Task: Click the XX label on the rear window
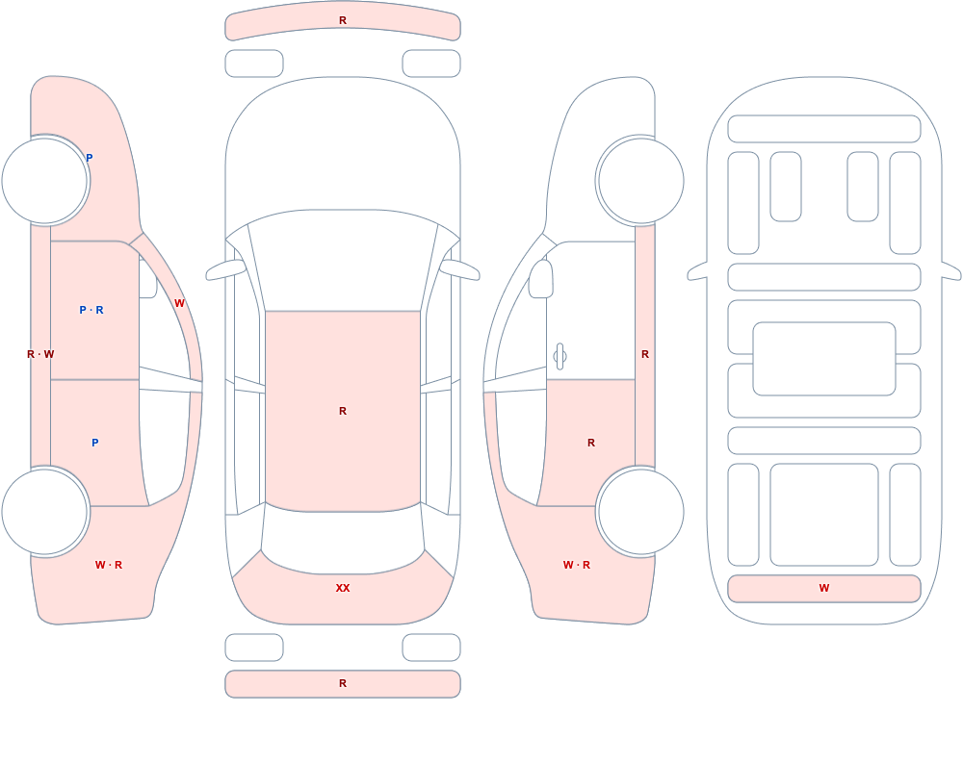tap(343, 588)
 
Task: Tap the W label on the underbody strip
tap(824, 588)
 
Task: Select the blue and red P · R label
tap(91, 310)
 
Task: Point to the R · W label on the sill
tap(40, 354)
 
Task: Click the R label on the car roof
tap(343, 411)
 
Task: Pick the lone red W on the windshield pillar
tap(179, 303)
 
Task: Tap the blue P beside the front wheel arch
tap(89, 158)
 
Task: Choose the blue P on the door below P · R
tap(94, 443)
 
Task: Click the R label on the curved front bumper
tap(343, 20)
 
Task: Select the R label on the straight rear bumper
tap(343, 683)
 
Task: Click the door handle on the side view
tap(560, 356)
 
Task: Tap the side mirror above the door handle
tap(540, 279)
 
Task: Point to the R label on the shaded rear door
tap(591, 443)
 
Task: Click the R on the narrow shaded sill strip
tap(645, 354)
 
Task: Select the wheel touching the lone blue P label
tap(45, 181)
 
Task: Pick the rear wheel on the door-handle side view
tap(640, 511)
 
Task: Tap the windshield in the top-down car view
tap(343, 259)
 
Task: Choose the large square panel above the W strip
tap(824, 515)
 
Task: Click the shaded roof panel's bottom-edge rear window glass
tap(343, 540)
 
